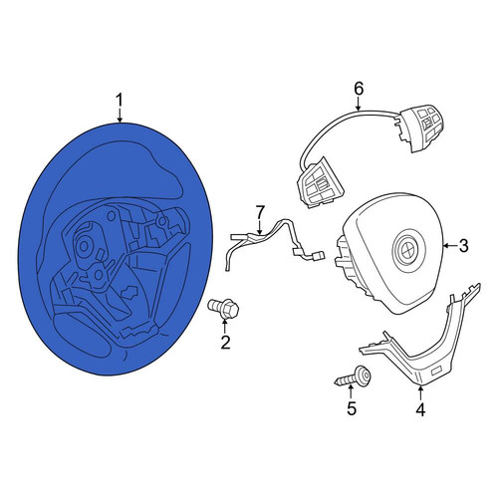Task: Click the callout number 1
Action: tap(120, 101)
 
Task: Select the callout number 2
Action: tap(225, 343)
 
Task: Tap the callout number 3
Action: tap(463, 246)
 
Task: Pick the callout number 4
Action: tap(420, 409)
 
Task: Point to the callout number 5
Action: tap(352, 408)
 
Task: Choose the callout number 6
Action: tap(359, 89)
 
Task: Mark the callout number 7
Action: tap(260, 212)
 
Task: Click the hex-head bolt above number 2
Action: tap(224, 308)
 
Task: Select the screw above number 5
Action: tap(353, 377)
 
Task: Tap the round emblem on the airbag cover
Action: tap(407, 248)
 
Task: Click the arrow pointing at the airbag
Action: tap(450, 246)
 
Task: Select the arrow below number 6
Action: tap(358, 105)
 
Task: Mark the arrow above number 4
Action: tap(420, 394)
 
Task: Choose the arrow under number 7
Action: tap(260, 227)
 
